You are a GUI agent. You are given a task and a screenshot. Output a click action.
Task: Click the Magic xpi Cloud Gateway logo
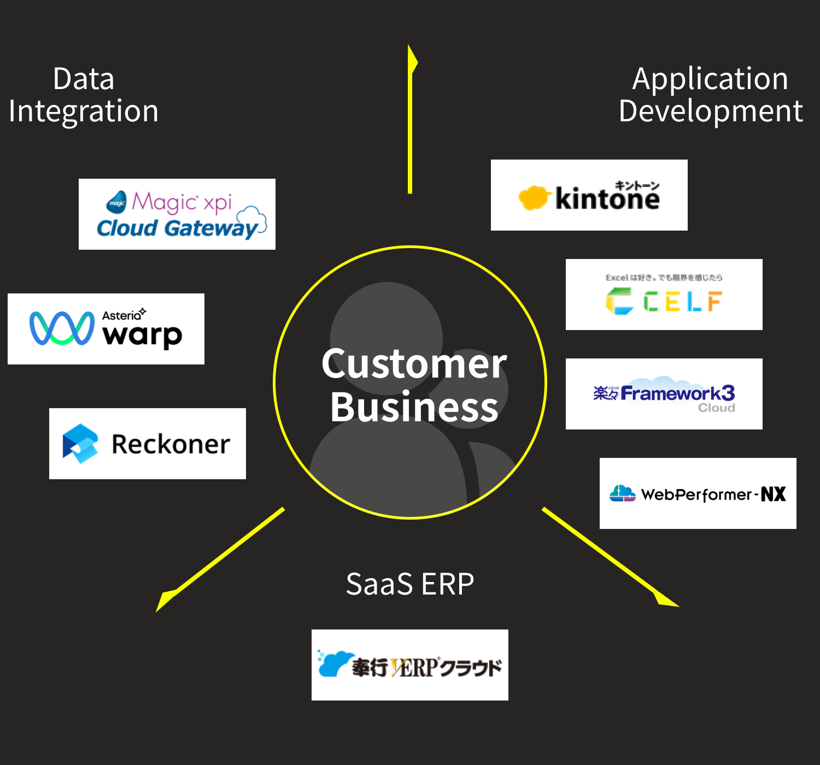click(177, 214)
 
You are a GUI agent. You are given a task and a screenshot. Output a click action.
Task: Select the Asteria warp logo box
click(106, 329)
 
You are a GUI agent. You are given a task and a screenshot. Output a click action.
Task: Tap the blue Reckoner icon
click(80, 444)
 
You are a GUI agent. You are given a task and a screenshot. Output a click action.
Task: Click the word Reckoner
click(171, 444)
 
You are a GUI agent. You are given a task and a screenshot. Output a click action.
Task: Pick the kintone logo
click(589, 195)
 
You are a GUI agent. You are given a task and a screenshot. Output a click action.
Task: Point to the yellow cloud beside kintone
click(532, 198)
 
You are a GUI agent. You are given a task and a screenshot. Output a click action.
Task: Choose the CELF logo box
click(664, 295)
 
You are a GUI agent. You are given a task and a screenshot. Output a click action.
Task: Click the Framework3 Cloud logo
click(664, 394)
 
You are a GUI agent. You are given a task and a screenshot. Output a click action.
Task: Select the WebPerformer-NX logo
click(698, 493)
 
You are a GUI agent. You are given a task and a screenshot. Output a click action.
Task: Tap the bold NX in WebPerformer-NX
click(773, 494)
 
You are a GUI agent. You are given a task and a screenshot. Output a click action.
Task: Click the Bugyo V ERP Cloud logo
click(410, 665)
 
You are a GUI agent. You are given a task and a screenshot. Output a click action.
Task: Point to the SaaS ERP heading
click(410, 584)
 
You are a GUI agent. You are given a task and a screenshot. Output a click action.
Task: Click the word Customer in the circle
click(414, 364)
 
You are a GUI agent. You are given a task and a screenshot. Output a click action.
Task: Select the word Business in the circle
click(414, 408)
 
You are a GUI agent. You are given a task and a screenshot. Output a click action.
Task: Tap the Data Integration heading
click(84, 95)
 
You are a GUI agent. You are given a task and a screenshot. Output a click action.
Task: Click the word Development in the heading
click(711, 111)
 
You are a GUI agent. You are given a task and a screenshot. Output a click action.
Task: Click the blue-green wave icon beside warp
click(62, 328)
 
